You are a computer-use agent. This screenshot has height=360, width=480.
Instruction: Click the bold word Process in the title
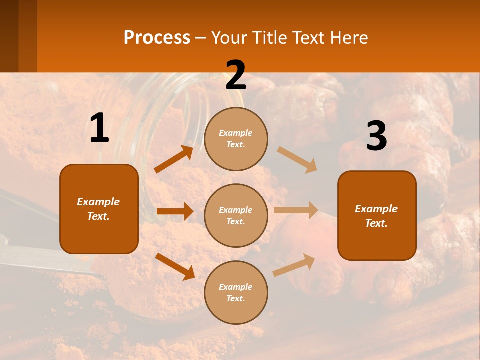click(x=157, y=37)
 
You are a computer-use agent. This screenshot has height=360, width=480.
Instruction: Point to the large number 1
click(x=99, y=128)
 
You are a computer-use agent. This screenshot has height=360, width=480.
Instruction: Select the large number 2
click(x=236, y=75)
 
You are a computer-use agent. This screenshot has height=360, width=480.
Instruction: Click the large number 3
click(x=376, y=136)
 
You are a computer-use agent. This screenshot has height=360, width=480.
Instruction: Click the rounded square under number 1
click(x=99, y=209)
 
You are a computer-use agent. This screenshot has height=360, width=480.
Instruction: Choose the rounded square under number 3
click(x=377, y=215)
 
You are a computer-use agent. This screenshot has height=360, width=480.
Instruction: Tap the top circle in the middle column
click(x=236, y=139)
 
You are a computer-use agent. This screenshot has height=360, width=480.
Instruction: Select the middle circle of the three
click(x=236, y=215)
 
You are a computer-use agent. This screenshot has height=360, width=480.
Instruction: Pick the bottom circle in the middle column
click(x=236, y=292)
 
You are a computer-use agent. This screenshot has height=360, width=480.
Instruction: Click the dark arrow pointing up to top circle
click(x=174, y=159)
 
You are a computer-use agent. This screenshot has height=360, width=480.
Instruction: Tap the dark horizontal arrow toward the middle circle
click(x=175, y=211)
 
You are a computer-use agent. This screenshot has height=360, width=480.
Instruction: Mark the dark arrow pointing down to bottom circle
click(x=175, y=266)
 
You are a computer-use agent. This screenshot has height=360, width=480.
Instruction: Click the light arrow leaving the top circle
click(x=297, y=160)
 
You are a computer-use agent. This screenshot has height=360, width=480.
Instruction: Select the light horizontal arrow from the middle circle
click(x=296, y=210)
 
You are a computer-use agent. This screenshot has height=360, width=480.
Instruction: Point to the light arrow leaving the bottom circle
click(x=294, y=265)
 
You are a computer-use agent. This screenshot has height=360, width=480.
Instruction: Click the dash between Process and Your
click(x=200, y=38)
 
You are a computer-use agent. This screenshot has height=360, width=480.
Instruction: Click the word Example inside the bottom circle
click(x=236, y=287)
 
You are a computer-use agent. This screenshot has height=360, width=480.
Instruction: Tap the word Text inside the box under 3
click(x=376, y=223)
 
